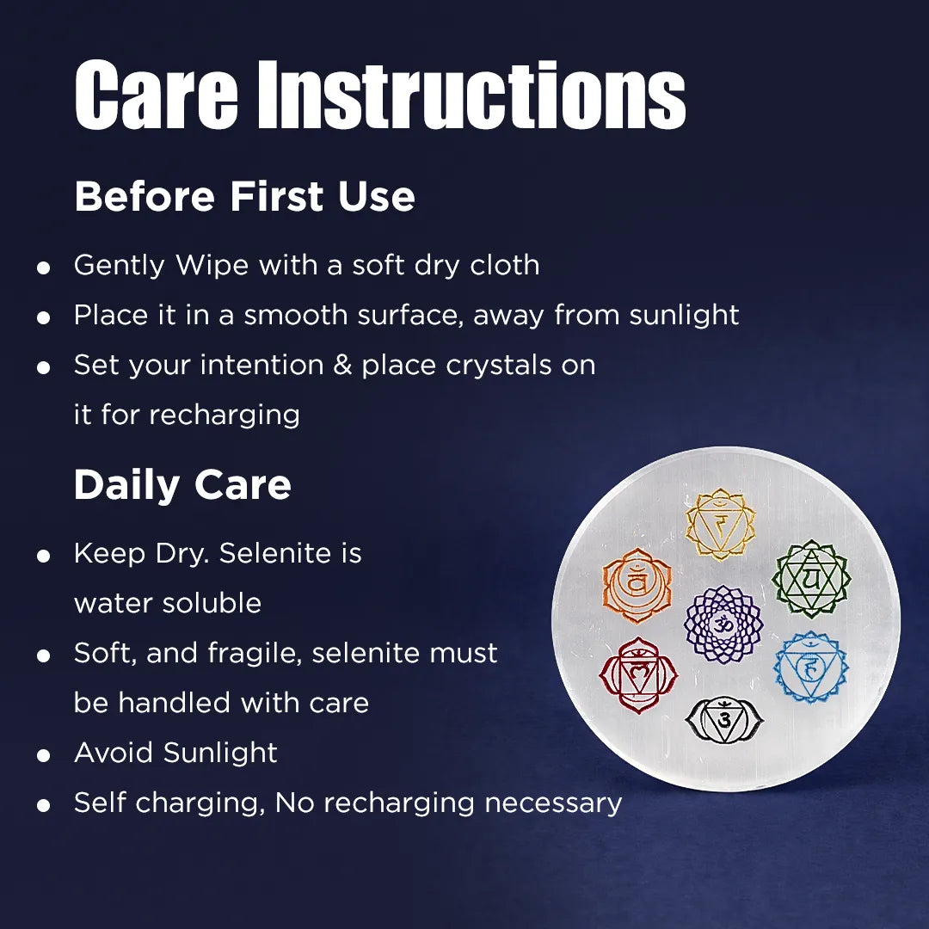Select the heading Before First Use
(244, 197)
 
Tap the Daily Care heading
(182, 485)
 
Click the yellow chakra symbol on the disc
(720, 524)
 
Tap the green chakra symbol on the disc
(810, 577)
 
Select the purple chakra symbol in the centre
(723, 624)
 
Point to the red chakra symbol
(638, 675)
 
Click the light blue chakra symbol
(810, 667)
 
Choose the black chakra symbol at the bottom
(723, 719)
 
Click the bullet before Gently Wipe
(44, 268)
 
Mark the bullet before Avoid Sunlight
(44, 755)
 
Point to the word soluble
(217, 603)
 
